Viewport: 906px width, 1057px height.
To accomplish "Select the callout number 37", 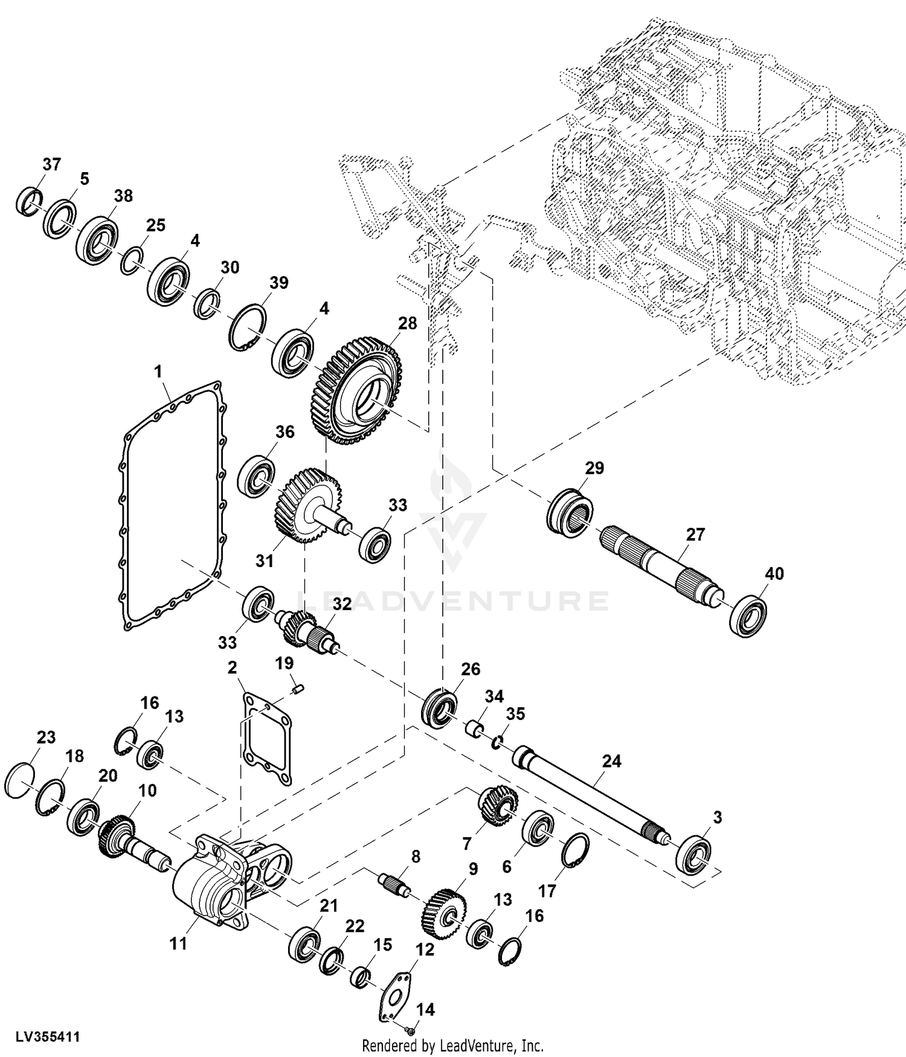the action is click(x=52, y=164).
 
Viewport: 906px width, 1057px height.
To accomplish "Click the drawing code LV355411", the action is click(x=41, y=1038).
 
